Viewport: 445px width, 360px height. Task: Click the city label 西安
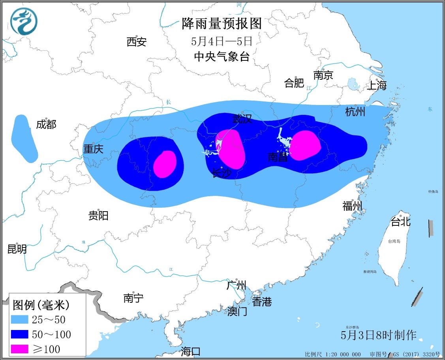tap(137, 41)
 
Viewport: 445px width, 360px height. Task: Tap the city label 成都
tap(46, 125)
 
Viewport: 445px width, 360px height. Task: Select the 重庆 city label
tap(93, 149)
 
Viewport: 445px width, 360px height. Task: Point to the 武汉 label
tap(242, 118)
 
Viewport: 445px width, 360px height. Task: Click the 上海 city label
tap(377, 85)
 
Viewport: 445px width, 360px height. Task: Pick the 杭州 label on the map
tap(355, 112)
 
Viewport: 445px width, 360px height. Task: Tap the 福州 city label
tap(352, 206)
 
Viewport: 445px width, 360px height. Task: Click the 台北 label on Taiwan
tap(400, 222)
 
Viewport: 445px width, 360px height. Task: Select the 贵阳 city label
tap(98, 216)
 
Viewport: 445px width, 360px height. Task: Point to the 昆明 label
tap(17, 249)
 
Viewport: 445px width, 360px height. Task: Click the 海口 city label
tap(191, 351)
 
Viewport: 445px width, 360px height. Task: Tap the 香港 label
tap(262, 302)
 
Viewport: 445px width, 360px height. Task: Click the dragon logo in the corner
tap(23, 21)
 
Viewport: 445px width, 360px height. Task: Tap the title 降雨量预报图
tap(222, 24)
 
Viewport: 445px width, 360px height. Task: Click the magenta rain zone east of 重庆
tap(165, 164)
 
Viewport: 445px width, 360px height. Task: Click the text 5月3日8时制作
tap(379, 335)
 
